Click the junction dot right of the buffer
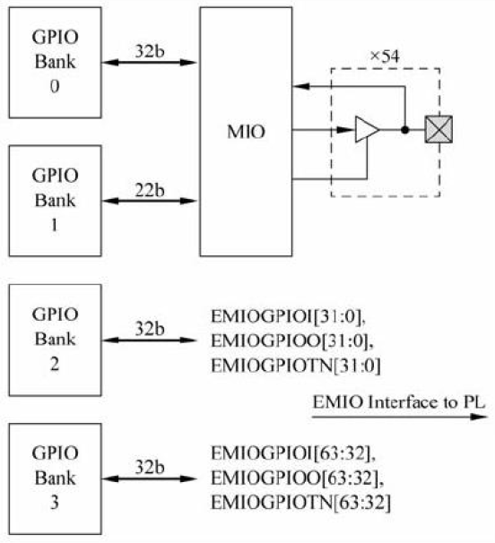405,132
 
